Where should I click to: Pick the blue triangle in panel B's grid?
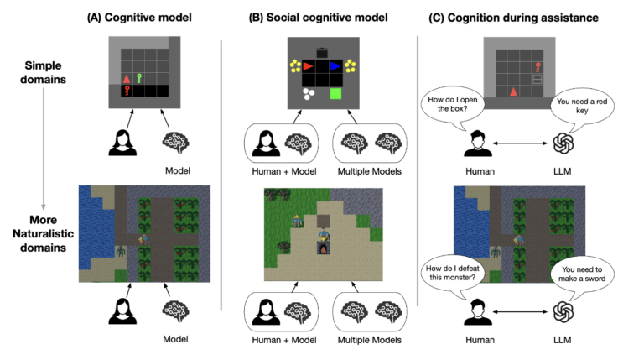point(335,65)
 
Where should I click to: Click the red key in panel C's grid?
point(538,65)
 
